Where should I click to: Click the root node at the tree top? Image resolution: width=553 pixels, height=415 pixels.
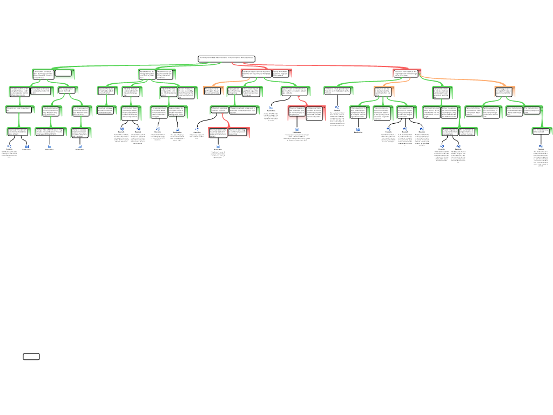(226, 58)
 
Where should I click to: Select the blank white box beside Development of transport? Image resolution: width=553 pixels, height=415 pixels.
(63, 73)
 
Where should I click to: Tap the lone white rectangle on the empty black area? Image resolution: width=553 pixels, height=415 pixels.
(31, 357)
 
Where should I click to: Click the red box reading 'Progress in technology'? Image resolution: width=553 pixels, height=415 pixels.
(238, 132)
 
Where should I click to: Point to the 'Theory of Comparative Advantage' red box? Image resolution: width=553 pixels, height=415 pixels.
(296, 112)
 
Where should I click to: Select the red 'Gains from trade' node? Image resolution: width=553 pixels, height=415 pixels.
(256, 73)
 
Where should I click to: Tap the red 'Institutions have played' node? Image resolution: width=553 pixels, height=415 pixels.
(406, 73)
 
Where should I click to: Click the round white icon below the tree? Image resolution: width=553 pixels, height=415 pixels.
(197, 129)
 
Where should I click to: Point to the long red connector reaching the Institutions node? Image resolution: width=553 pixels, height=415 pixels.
(324, 65)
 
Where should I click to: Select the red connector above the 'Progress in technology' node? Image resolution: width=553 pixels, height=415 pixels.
(226, 119)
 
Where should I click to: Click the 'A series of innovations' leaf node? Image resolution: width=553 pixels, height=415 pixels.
(18, 131)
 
